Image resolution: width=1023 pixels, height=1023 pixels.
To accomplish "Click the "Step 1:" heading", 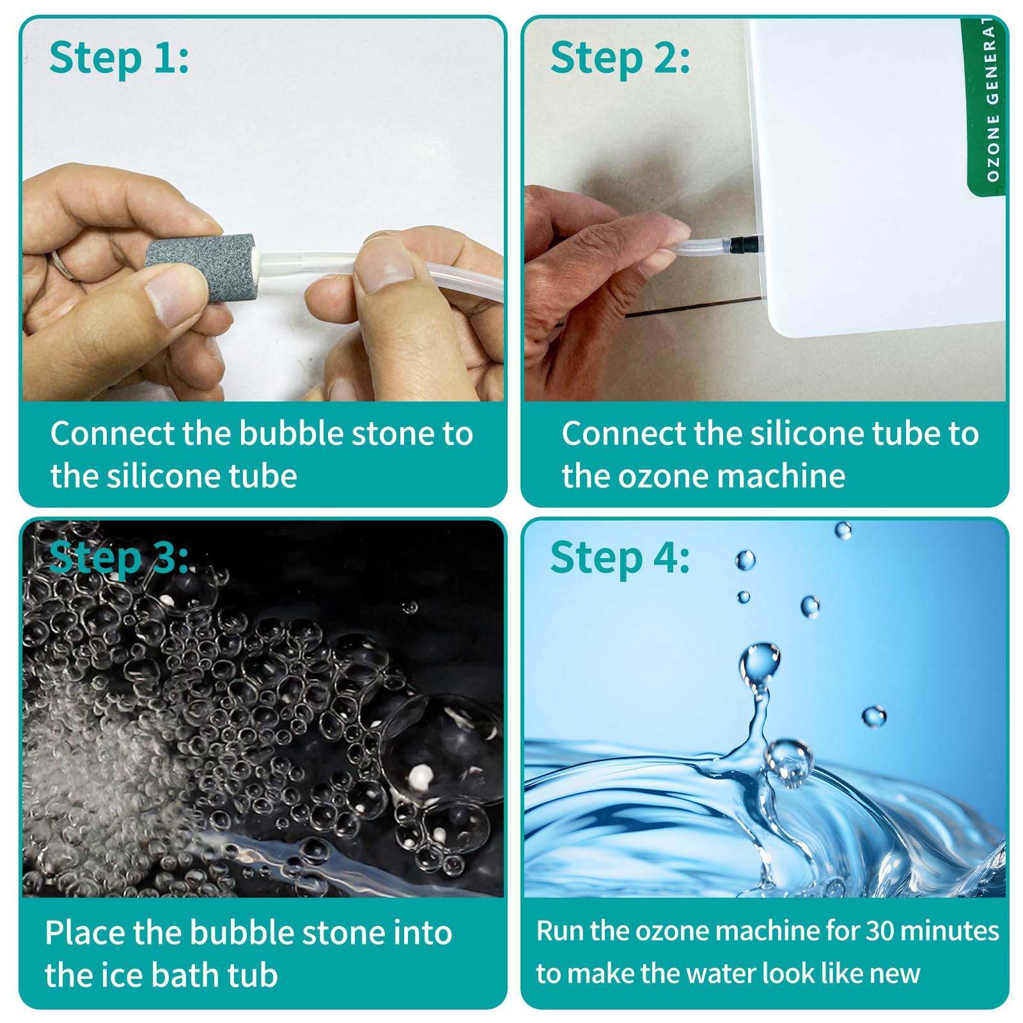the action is (119, 58).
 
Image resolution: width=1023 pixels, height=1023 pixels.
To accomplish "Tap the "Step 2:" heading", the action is (620, 58).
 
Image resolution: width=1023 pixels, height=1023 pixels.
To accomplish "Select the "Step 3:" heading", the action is (119, 558).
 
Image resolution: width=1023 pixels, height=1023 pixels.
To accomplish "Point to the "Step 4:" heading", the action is (620, 558).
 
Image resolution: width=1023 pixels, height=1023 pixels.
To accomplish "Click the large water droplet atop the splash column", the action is (760, 664).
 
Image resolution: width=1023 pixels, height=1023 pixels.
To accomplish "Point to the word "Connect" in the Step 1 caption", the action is (112, 433).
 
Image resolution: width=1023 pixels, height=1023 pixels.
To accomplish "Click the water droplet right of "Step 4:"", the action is (745, 560).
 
